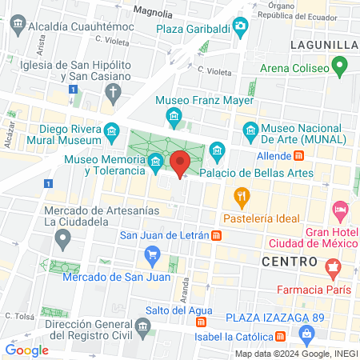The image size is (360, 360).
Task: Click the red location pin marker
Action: click(x=180, y=162)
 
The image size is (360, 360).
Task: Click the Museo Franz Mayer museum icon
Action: click(x=173, y=117)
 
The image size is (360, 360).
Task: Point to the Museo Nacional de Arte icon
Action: click(x=250, y=129)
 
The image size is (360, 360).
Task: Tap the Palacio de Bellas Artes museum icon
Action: click(x=217, y=150)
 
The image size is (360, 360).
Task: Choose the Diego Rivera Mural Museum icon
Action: click(x=110, y=130)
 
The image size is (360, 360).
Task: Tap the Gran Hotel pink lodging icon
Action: click(x=340, y=212)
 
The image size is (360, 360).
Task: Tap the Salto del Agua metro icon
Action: click(x=201, y=322)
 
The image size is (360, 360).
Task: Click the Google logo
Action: click(x=26, y=349)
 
